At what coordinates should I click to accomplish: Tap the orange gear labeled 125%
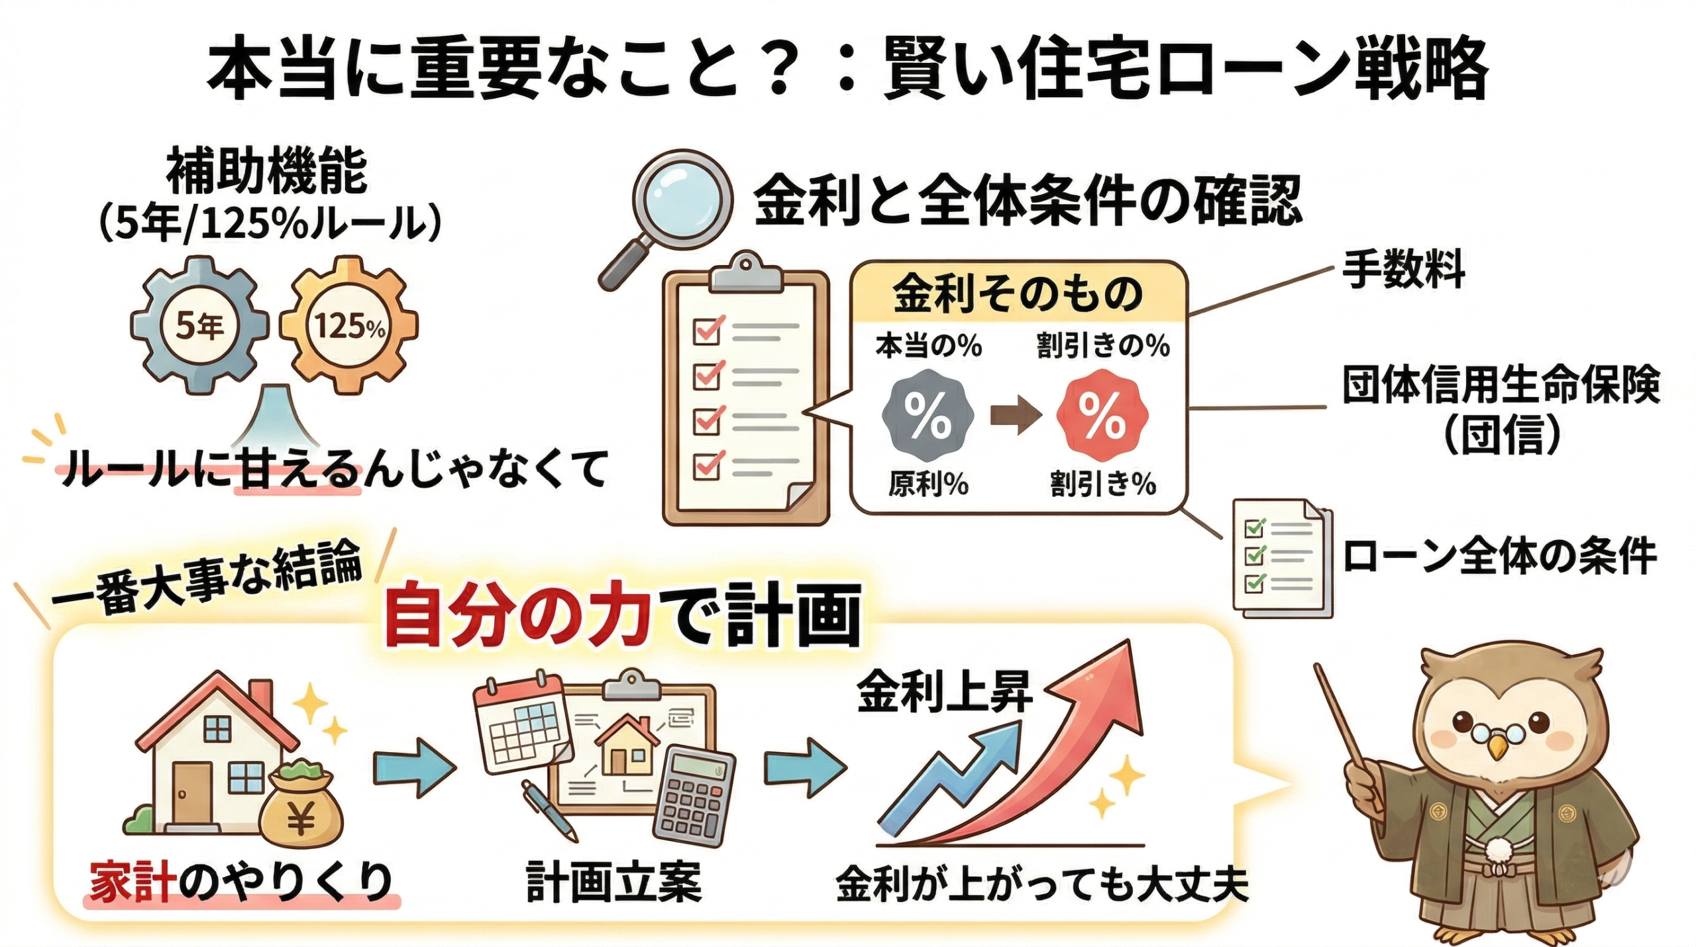349,326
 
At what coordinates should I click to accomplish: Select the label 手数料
1403,270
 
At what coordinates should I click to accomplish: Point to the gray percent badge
927,416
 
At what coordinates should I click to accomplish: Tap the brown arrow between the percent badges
1014,416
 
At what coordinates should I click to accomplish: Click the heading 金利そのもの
1018,294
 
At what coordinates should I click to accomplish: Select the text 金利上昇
944,693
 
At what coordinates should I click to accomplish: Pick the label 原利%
927,484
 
